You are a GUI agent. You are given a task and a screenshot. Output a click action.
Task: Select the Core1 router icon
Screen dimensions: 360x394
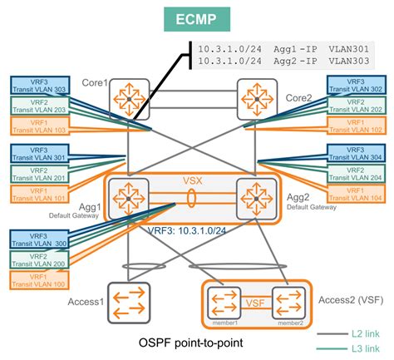127,100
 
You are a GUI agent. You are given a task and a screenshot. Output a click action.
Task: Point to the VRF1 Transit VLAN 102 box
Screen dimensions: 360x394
356,126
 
